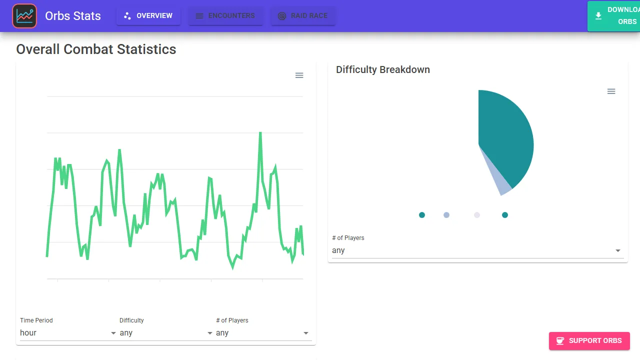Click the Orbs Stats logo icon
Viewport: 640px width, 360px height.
pyautogui.click(x=24, y=16)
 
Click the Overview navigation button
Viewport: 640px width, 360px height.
pyautogui.click(x=148, y=16)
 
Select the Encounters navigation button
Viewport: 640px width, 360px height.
pyautogui.click(x=225, y=16)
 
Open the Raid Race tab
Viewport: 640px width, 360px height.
pyautogui.click(x=303, y=16)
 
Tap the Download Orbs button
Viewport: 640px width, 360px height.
pyautogui.click(x=614, y=16)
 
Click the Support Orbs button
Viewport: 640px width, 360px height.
pyautogui.click(x=589, y=340)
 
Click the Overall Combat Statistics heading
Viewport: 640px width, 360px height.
pyautogui.click(x=96, y=49)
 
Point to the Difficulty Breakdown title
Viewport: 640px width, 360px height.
pyautogui.click(x=383, y=69)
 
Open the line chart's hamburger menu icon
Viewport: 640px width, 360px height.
pyautogui.click(x=299, y=75)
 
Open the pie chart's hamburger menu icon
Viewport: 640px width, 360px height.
pyautogui.click(x=611, y=91)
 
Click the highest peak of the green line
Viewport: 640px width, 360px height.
pyautogui.click(x=260, y=133)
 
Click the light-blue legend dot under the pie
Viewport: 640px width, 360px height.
pyautogui.click(x=446, y=215)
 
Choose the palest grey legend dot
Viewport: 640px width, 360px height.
pyautogui.click(x=477, y=215)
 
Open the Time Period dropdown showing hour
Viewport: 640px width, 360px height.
pyautogui.click(x=67, y=333)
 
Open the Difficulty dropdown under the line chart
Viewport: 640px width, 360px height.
pyautogui.click(x=165, y=333)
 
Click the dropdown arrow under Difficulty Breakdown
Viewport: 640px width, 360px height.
pyautogui.click(x=618, y=250)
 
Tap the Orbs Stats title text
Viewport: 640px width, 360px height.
pyautogui.click(x=73, y=16)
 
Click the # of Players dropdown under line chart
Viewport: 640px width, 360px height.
pyautogui.click(x=262, y=333)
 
